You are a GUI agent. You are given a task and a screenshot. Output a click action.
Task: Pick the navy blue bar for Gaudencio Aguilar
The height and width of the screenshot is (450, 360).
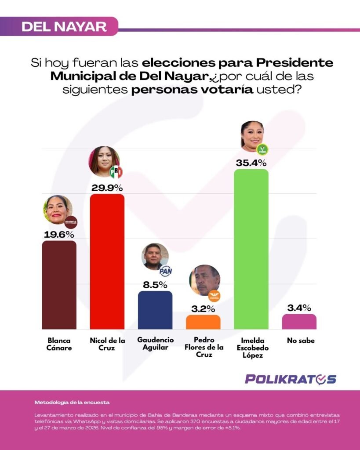click(155, 310)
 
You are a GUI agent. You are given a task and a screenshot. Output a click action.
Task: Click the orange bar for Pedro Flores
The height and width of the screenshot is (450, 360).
click(203, 322)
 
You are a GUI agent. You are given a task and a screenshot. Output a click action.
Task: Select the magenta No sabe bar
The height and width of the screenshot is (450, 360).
click(299, 321)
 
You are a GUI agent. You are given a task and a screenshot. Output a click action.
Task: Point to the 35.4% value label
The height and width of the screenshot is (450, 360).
click(251, 162)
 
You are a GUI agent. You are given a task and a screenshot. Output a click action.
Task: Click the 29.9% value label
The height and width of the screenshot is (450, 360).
click(107, 188)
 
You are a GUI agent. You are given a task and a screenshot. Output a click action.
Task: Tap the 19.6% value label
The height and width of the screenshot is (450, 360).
click(59, 234)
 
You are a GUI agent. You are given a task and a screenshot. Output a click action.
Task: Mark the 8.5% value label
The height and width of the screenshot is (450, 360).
click(155, 284)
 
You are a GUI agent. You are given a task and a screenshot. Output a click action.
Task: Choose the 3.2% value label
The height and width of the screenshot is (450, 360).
click(203, 308)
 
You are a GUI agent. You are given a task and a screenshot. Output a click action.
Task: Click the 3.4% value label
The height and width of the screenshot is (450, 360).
click(299, 307)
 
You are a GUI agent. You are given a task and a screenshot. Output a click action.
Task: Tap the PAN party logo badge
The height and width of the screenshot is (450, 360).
click(165, 271)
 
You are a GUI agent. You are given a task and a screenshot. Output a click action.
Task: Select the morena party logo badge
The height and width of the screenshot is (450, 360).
click(71, 222)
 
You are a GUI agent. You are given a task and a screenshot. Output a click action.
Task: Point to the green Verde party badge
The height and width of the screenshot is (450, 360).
click(262, 149)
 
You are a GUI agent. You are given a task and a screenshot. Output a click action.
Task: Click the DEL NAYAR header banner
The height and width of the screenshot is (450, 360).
click(64, 26)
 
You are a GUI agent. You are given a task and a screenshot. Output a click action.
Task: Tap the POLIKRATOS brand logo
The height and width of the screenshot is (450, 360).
click(291, 379)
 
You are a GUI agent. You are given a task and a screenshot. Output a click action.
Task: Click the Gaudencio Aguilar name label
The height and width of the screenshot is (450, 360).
click(155, 343)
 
